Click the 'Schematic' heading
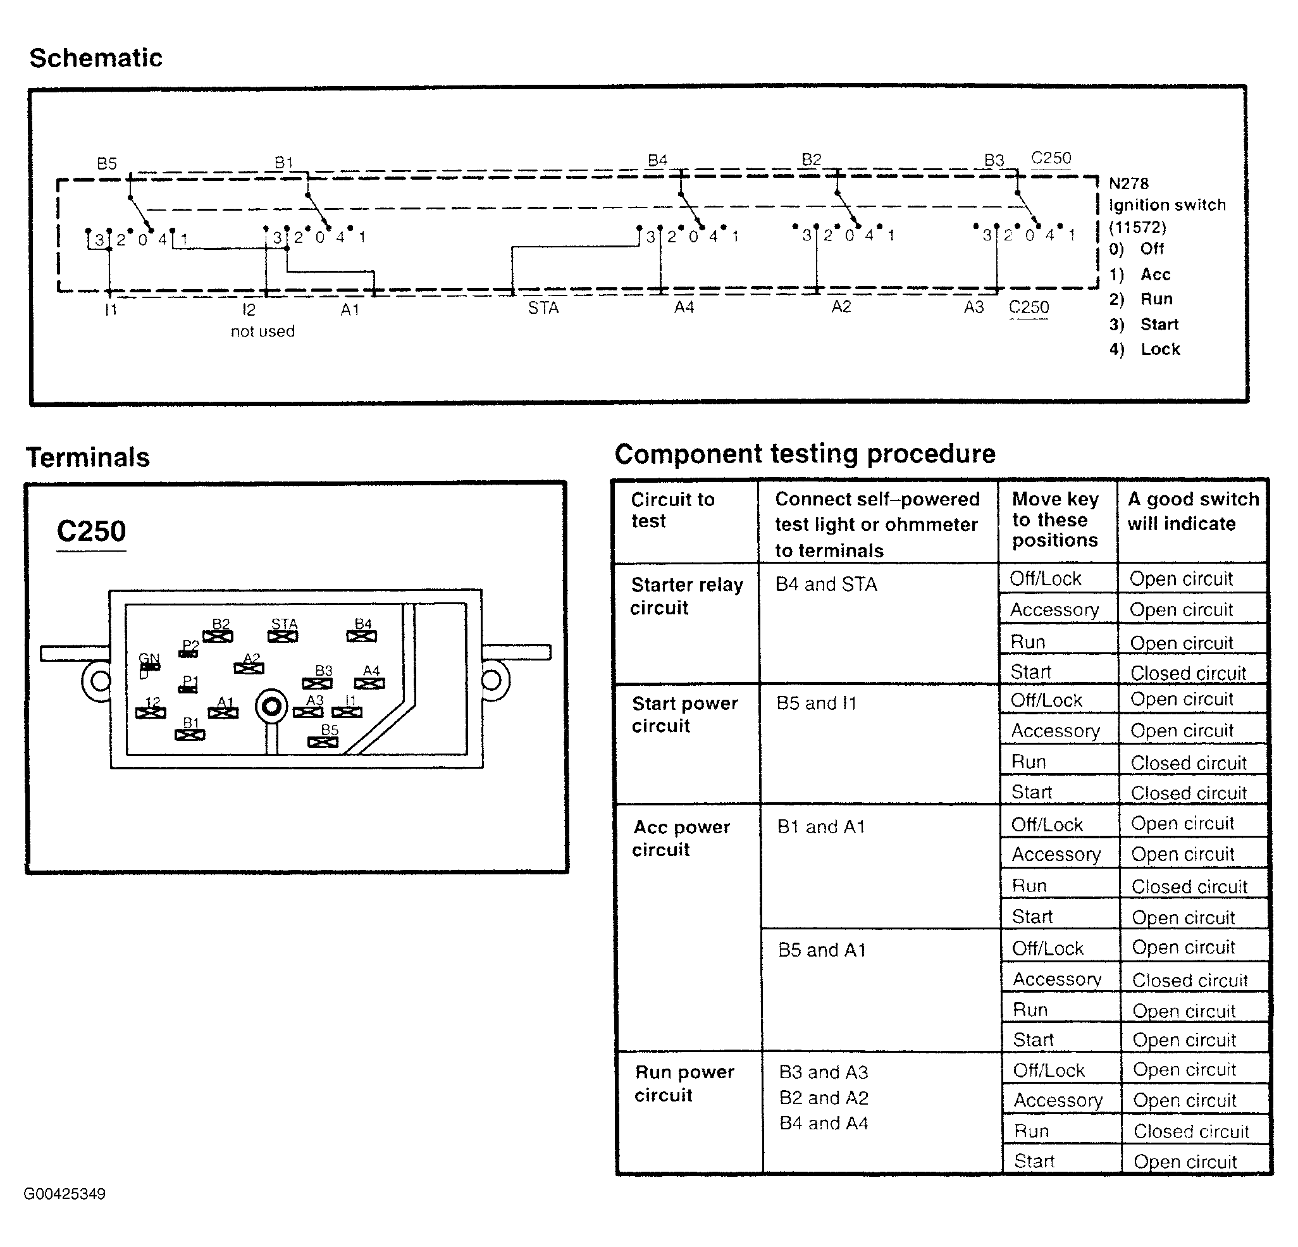[96, 58]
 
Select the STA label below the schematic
[543, 308]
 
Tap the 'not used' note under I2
[263, 331]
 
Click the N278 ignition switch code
[1128, 183]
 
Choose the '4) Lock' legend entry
[1145, 349]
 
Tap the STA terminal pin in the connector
[283, 636]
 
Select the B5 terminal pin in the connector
[323, 741]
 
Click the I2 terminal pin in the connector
[151, 712]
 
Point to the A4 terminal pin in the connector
[369, 683]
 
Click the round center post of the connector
[271, 707]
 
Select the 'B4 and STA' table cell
[826, 584]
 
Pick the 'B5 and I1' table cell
[817, 703]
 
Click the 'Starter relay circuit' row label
[687, 596]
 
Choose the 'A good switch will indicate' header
[1194, 511]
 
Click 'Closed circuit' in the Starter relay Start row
[1188, 673]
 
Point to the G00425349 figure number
[65, 1194]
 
